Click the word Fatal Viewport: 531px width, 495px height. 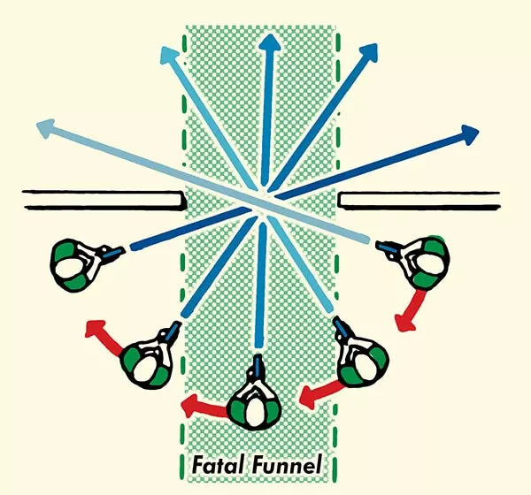(x=218, y=465)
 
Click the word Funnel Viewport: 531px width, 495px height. (x=286, y=465)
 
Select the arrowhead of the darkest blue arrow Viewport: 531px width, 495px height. (x=469, y=134)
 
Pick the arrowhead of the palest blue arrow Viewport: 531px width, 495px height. (x=46, y=127)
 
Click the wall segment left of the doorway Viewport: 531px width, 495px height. (x=104, y=199)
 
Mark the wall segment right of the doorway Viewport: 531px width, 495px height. (x=419, y=200)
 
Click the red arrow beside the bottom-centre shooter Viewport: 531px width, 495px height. (x=204, y=406)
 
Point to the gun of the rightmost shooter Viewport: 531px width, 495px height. (x=389, y=247)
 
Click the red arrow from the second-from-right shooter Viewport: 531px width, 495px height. (x=321, y=393)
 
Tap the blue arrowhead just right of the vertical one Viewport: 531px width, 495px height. (x=368, y=52)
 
